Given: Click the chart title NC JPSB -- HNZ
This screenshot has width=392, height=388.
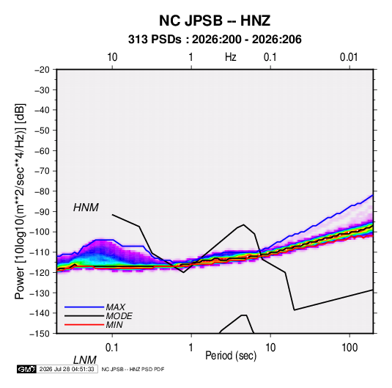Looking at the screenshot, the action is (215, 21).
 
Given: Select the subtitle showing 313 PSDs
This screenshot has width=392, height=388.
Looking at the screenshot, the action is (215, 40).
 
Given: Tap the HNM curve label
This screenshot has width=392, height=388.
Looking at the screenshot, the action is (86, 208).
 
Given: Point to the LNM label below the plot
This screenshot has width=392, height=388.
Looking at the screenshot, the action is (85, 360).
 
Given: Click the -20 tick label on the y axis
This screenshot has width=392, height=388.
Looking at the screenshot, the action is (42, 70).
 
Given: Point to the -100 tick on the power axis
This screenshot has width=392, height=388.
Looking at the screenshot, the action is (40, 232).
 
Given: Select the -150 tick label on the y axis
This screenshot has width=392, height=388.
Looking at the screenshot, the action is (40, 334).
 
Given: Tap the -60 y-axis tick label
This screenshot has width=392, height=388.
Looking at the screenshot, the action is (42, 150).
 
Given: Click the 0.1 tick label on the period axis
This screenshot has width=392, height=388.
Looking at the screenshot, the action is (111, 348).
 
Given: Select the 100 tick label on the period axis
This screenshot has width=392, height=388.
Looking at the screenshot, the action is (350, 348).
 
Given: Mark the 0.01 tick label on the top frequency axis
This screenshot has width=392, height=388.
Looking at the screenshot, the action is (349, 57).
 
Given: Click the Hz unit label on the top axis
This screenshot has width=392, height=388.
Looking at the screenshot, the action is (230, 57).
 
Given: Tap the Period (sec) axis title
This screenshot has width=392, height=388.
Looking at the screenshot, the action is (231, 356).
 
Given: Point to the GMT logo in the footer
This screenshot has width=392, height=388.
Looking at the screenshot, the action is (26, 369).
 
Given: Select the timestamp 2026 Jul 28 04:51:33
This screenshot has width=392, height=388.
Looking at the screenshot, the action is (67, 369).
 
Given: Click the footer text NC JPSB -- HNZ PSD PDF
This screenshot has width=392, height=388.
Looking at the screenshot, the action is (133, 369).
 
